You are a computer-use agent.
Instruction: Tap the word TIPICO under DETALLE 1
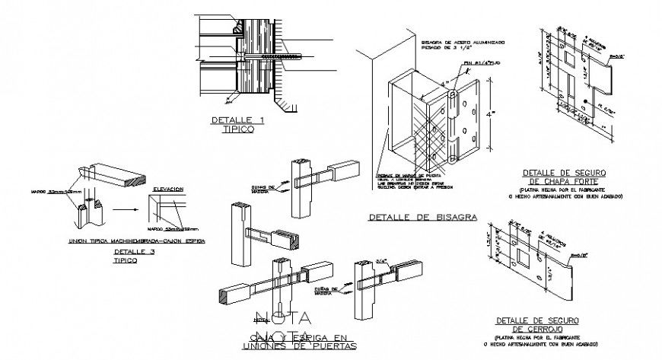237,130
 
